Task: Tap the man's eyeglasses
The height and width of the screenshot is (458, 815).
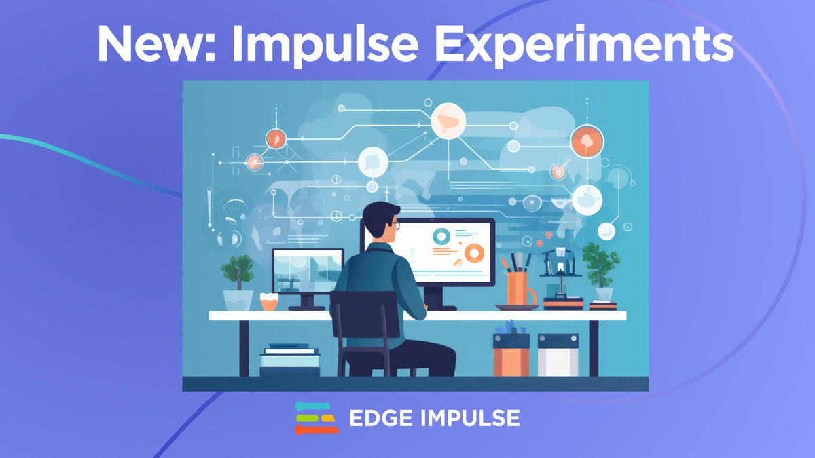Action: [x=395, y=225]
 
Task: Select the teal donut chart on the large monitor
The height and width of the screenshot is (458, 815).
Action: [x=441, y=237]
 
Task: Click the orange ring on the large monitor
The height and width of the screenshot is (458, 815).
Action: [x=473, y=254]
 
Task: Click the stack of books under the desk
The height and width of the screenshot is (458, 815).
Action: [x=289, y=360]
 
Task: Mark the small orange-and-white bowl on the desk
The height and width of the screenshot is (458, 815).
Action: [x=270, y=303]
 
